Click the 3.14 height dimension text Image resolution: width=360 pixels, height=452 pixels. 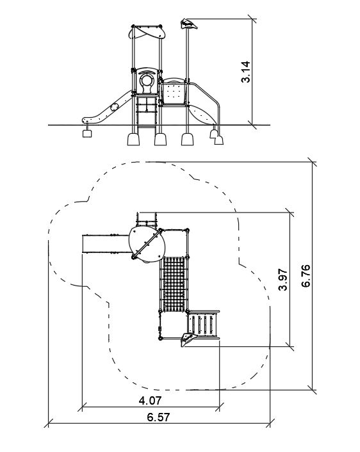pos(246,72)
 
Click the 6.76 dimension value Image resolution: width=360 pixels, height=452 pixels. pos(306,275)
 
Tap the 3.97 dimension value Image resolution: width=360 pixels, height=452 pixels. pos(283,279)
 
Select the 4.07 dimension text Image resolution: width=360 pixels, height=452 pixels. pos(150,400)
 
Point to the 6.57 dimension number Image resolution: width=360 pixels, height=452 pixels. pos(158,417)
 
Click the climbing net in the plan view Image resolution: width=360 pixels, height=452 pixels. pos(174,284)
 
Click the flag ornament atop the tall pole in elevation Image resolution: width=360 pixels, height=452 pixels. pos(188,24)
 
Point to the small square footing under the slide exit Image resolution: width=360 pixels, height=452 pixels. pos(87,133)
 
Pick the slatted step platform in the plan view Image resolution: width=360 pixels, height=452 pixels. pos(203,325)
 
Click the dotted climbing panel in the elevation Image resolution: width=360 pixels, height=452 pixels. pos(174,93)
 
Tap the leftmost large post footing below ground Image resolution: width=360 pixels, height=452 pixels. pos(133,139)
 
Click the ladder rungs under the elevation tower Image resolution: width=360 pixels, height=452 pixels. pos(147,112)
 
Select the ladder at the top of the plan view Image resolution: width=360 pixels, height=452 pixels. pos(147,220)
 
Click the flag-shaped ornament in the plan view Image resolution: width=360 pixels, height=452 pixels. pos(188,339)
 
